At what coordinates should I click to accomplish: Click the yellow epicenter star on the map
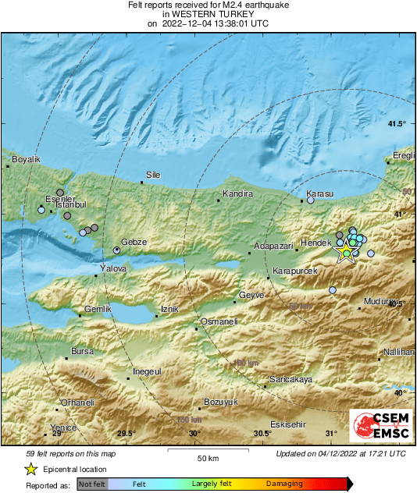point(345,252)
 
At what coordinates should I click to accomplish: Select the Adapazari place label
point(274,245)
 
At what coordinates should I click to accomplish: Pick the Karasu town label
point(320,193)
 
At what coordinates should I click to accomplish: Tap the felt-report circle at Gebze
point(117,250)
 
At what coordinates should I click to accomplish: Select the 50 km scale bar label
point(207,458)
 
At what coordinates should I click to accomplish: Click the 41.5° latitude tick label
point(397,124)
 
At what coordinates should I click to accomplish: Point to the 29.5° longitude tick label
point(127,434)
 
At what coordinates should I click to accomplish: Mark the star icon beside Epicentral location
point(30,469)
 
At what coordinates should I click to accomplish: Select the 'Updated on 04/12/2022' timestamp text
point(340,453)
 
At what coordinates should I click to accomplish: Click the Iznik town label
point(169,310)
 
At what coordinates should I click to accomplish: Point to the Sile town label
point(153,175)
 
